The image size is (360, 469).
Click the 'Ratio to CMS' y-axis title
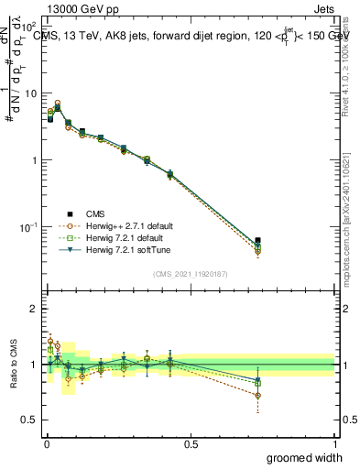pos(15,364)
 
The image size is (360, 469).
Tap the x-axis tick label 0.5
pos(191,443)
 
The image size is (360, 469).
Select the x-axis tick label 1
pos(334,443)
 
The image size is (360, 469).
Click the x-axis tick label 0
pos(46,443)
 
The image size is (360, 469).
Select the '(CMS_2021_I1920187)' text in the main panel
pos(190,272)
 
